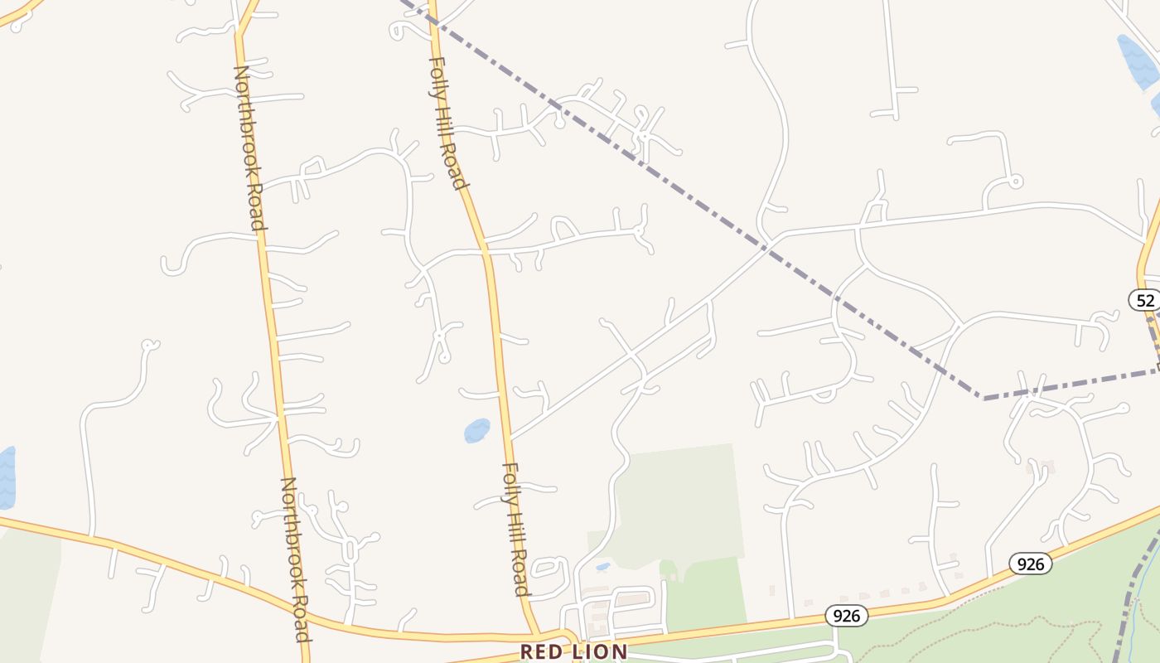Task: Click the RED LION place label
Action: coord(573,651)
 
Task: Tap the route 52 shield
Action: coord(1145,299)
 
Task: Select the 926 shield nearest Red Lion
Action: coord(846,615)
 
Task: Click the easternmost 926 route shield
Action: coord(1030,564)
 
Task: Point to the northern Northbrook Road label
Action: coord(249,148)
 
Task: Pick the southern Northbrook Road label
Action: coord(295,559)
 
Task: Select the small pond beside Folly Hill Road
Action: coord(476,430)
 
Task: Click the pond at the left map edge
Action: coord(6,477)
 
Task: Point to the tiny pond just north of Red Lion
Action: coord(603,568)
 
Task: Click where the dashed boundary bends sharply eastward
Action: coord(984,398)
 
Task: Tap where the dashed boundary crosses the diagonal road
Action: coord(767,245)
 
